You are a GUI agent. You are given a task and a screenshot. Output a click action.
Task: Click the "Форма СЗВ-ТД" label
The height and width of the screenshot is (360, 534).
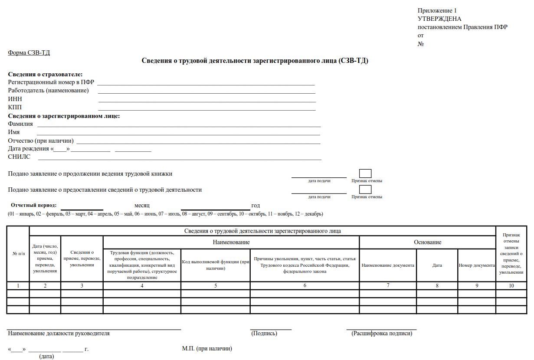click(x=29, y=53)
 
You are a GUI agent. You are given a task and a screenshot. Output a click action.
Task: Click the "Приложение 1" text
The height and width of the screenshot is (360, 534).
click(x=437, y=10)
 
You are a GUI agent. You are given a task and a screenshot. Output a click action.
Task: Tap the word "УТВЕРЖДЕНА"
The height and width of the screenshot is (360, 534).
click(x=439, y=19)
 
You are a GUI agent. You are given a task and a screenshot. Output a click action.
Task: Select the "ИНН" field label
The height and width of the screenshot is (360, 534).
click(x=15, y=99)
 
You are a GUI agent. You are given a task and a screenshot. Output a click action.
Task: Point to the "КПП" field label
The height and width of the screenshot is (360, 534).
click(x=15, y=107)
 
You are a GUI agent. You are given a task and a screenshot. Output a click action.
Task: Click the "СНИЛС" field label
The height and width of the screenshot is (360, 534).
click(x=19, y=157)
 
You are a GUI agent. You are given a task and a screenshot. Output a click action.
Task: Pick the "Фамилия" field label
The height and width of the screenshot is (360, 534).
click(x=20, y=124)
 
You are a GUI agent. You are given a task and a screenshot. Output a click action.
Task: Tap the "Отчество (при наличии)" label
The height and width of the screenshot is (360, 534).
click(x=41, y=141)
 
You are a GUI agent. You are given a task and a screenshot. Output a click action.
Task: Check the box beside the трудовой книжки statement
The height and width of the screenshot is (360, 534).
click(x=365, y=173)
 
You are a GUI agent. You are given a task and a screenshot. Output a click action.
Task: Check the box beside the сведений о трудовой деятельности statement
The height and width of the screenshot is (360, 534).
click(x=365, y=190)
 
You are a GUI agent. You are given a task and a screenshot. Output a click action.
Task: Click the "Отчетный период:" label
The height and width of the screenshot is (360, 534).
click(x=34, y=205)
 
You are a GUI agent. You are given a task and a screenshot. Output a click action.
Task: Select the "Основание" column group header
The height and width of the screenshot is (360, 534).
click(x=427, y=242)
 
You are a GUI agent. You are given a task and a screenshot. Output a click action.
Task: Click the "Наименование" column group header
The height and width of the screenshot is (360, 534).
click(x=231, y=242)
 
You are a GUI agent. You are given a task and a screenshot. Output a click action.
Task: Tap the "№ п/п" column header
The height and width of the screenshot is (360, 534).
click(x=18, y=253)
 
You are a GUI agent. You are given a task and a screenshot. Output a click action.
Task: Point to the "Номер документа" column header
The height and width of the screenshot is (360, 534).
click(x=477, y=265)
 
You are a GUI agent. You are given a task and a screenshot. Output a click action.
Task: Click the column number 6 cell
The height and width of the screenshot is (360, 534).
click(x=305, y=285)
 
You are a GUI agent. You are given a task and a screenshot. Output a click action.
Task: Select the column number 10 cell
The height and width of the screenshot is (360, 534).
click(x=511, y=285)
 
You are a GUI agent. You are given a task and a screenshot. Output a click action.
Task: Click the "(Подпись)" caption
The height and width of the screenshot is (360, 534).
click(x=264, y=333)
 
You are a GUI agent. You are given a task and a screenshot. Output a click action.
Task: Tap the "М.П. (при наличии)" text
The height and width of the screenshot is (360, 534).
click(x=207, y=348)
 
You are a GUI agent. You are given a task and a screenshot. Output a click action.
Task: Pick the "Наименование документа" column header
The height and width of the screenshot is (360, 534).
click(x=388, y=265)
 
